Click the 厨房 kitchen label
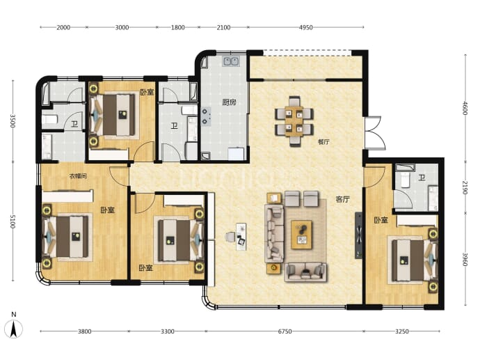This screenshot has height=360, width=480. coord(229,102)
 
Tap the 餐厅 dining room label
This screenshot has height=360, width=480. coord(323,142)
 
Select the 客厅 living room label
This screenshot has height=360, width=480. coord(342,199)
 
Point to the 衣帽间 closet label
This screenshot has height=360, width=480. coord(78,176)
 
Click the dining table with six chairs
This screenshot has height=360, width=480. coord(294,121)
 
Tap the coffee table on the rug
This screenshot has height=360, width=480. coord(301,235)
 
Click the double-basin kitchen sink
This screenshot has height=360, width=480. coord(231,61)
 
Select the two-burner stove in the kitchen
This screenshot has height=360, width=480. coord(206,117)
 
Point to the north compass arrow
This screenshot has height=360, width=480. coord(13,329)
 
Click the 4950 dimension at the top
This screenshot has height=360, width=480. coord(305,28)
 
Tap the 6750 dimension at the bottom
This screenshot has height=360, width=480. coord(285,331)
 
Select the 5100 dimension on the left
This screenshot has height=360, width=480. coord(13,221)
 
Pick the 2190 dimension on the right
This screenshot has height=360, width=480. coord(465,187)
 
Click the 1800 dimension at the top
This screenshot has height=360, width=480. coord(178,28)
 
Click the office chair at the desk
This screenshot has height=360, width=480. coord(230,237)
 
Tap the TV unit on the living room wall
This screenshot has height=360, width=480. coord(358,235)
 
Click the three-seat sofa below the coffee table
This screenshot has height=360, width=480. coord(305,272)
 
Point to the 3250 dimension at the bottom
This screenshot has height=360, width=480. coord(401,331)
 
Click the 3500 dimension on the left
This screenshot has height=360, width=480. coord(13,120)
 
